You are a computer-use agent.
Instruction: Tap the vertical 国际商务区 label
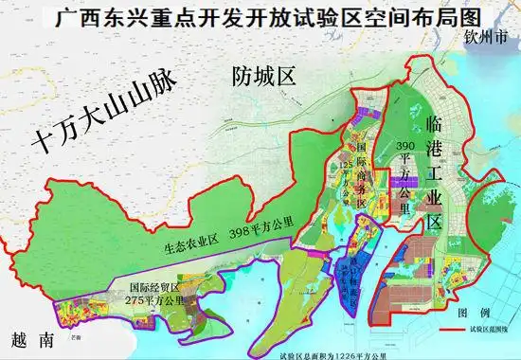(x=361, y=170)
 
